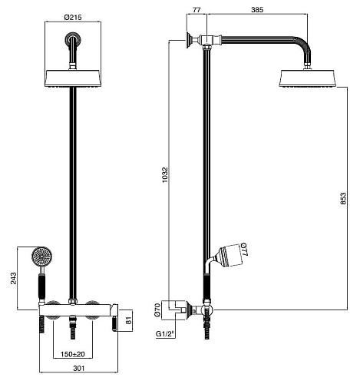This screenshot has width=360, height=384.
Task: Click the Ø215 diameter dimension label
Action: pyautogui.click(x=73, y=17)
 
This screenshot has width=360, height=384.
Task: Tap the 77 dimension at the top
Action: pyautogui.click(x=197, y=10)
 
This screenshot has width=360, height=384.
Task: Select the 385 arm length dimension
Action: pyautogui.click(x=257, y=10)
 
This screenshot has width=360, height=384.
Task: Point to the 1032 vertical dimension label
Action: pyautogui.click(x=165, y=175)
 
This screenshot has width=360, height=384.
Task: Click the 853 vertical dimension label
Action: pyautogui.click(x=343, y=198)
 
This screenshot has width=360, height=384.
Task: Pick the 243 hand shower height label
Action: pyautogui.click(x=13, y=278)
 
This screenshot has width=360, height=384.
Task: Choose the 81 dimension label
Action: pyautogui.click(x=128, y=320)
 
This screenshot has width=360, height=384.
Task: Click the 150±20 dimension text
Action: pyautogui.click(x=73, y=354)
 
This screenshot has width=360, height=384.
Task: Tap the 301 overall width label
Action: pyautogui.click(x=78, y=369)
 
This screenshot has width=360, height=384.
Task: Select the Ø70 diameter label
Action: pyautogui.click(x=157, y=310)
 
